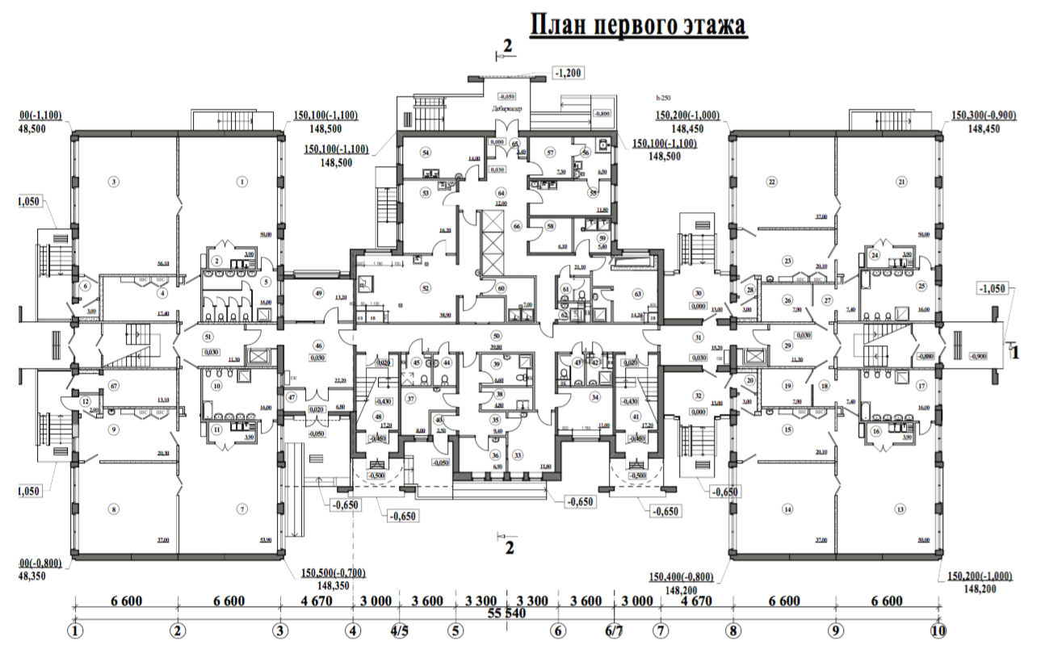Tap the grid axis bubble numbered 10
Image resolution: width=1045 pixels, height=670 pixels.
[x=938, y=630]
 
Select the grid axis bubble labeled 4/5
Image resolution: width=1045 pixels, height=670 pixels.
[x=398, y=630]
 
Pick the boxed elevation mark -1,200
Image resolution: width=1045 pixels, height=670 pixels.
[x=568, y=72]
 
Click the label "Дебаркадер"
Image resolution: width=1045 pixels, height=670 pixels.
[x=506, y=107]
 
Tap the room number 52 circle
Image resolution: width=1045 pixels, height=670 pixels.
[x=424, y=287]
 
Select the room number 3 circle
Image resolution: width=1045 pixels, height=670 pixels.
[x=115, y=182]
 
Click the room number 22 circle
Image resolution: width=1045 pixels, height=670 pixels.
[x=771, y=182]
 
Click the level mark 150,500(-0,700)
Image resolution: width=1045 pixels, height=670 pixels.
[x=333, y=573]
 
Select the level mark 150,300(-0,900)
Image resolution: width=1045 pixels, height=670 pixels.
[x=984, y=115]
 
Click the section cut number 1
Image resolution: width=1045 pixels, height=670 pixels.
[x=1016, y=351]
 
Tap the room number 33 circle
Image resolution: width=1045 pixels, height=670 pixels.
[x=518, y=454]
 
